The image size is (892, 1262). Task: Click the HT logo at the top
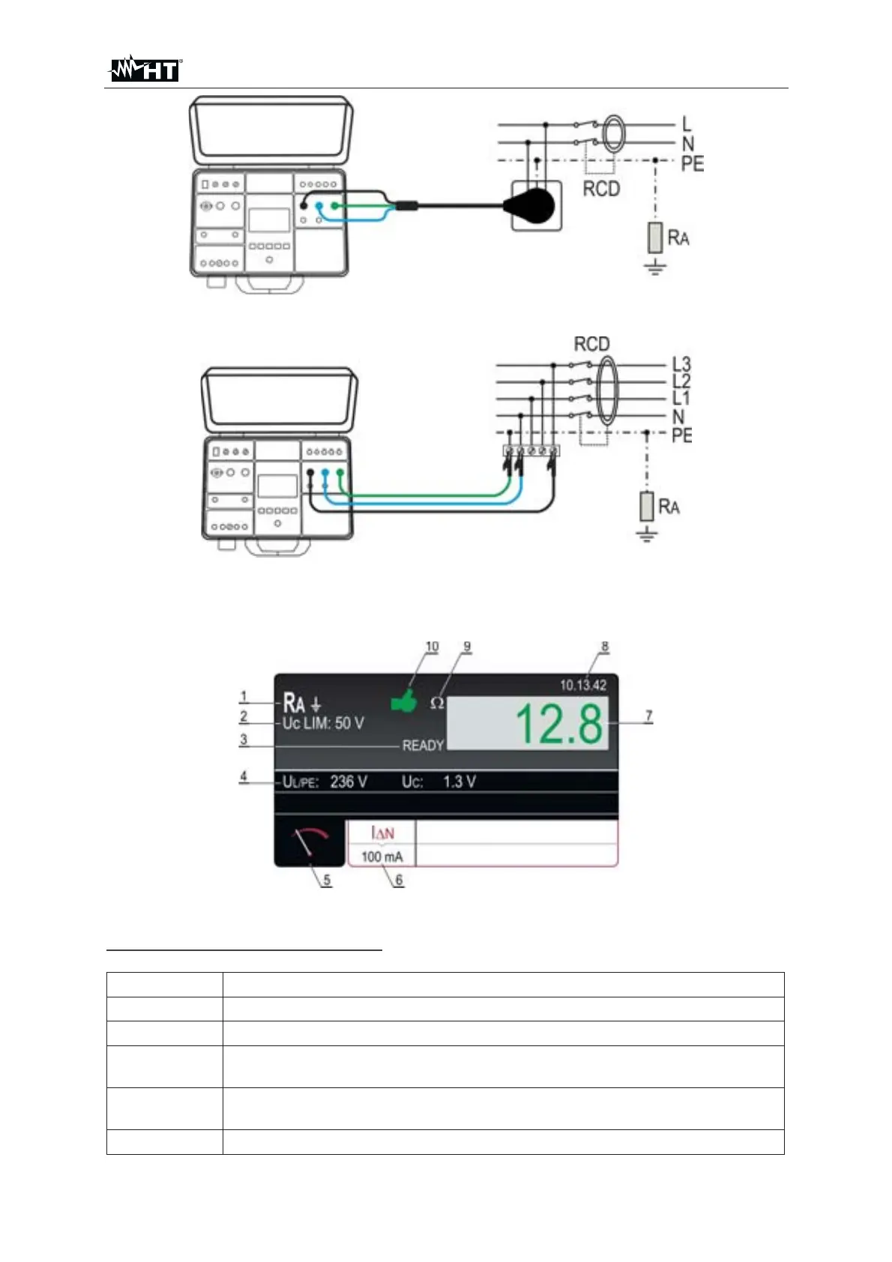click(145, 70)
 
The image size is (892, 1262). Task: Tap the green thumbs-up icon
click(404, 701)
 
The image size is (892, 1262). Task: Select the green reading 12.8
click(559, 724)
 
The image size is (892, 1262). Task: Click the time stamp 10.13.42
click(583, 685)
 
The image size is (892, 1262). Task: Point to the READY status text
click(423, 746)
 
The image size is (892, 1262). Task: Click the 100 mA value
click(382, 857)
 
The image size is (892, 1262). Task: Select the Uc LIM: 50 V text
click(323, 723)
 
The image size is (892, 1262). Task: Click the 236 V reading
click(349, 782)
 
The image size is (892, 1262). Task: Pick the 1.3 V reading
click(459, 782)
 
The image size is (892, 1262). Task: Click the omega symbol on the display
click(437, 703)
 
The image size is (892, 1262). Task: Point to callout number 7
click(649, 716)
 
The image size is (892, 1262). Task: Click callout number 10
click(432, 646)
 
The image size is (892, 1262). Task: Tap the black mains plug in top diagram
click(531, 203)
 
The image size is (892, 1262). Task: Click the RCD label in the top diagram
click(601, 189)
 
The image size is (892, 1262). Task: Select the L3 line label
click(681, 364)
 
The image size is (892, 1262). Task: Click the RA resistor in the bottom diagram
click(647, 507)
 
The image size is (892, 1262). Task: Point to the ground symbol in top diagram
click(655, 267)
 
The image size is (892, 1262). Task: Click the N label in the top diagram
click(687, 144)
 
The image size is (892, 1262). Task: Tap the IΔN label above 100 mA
click(382, 833)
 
